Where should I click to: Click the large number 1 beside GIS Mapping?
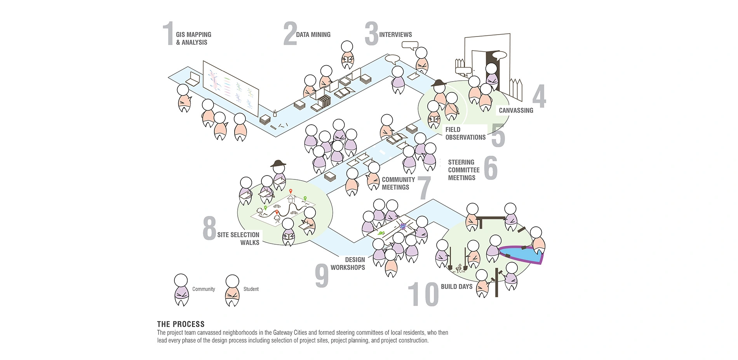(168, 34)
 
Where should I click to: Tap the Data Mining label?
(313, 35)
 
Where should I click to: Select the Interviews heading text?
(395, 35)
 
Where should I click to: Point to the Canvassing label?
(516, 110)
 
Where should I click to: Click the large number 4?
(539, 96)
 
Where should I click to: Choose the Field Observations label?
(465, 133)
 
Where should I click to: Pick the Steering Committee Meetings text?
(464, 170)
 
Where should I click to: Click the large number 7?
(424, 188)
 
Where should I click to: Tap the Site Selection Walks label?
(238, 238)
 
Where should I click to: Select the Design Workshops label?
(348, 263)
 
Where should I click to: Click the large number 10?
(423, 294)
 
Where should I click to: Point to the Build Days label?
(456, 287)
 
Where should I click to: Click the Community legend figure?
(181, 290)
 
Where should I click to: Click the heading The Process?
(181, 324)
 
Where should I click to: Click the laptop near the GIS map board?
(193, 80)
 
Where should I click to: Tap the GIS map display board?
(231, 88)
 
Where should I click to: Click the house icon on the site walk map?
(291, 198)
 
